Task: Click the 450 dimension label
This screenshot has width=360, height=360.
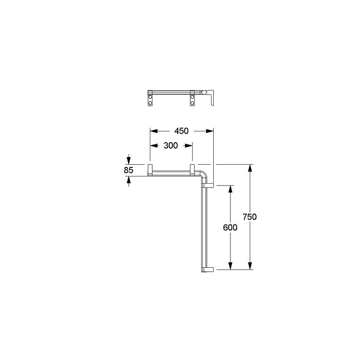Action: point(181,131)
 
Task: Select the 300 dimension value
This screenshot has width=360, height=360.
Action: point(171,145)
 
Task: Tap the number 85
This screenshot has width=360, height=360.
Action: point(129,170)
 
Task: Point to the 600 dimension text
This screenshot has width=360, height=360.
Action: point(230,228)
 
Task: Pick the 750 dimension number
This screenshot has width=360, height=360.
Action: point(250,217)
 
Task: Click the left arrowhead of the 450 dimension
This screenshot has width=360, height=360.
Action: point(154,131)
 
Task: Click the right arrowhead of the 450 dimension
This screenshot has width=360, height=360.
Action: point(210,131)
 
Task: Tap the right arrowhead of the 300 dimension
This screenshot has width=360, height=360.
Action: point(189,145)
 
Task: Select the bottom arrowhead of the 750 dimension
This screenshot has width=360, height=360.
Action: point(250,266)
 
